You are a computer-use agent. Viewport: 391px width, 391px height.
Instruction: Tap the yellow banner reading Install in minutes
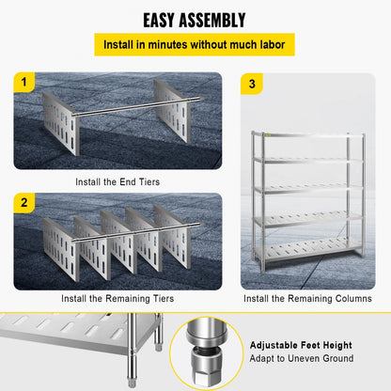point(195,44)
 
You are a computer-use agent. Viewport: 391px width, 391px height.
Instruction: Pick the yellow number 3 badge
point(251,84)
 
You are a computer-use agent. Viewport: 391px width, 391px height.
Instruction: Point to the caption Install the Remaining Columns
point(307,299)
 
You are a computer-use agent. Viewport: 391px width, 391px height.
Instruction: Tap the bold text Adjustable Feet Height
point(301,344)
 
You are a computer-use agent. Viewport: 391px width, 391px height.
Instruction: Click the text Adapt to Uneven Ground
point(301,358)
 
